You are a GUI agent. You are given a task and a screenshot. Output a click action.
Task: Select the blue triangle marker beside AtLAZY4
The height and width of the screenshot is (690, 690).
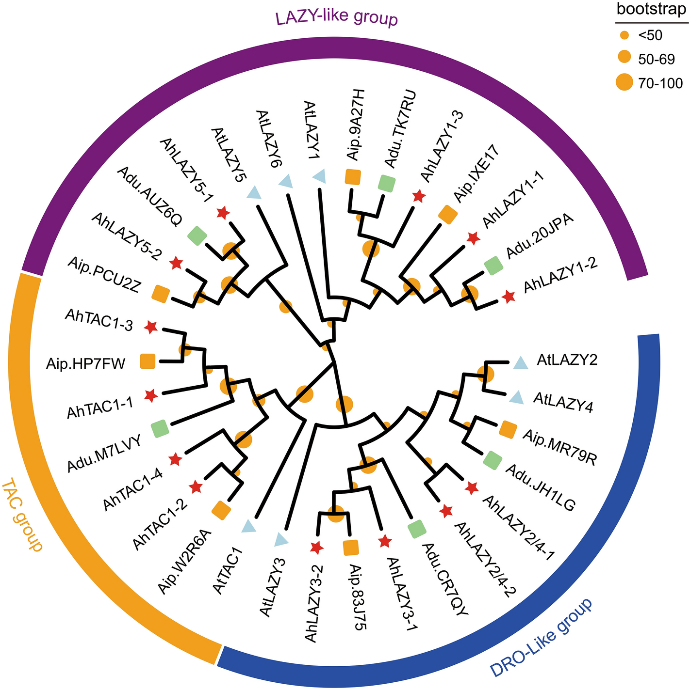517,398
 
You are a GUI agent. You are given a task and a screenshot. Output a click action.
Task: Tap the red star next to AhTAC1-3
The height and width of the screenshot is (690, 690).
151,328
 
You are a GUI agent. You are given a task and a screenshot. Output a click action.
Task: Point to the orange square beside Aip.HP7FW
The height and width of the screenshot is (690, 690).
148,361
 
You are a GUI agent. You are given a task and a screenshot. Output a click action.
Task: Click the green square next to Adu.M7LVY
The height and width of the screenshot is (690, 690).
160,428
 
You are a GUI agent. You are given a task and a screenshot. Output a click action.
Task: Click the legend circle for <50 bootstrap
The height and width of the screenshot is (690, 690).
625,35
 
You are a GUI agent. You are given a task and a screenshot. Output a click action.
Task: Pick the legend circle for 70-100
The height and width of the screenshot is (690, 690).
625,82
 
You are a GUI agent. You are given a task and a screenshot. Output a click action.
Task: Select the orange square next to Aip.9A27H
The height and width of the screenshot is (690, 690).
352,176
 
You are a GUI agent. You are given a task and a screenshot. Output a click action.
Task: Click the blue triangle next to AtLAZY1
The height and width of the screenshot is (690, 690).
319,177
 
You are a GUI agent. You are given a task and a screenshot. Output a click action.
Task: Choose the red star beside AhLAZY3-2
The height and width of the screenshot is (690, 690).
316,548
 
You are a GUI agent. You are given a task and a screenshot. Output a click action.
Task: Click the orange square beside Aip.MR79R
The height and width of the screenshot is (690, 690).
508,429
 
